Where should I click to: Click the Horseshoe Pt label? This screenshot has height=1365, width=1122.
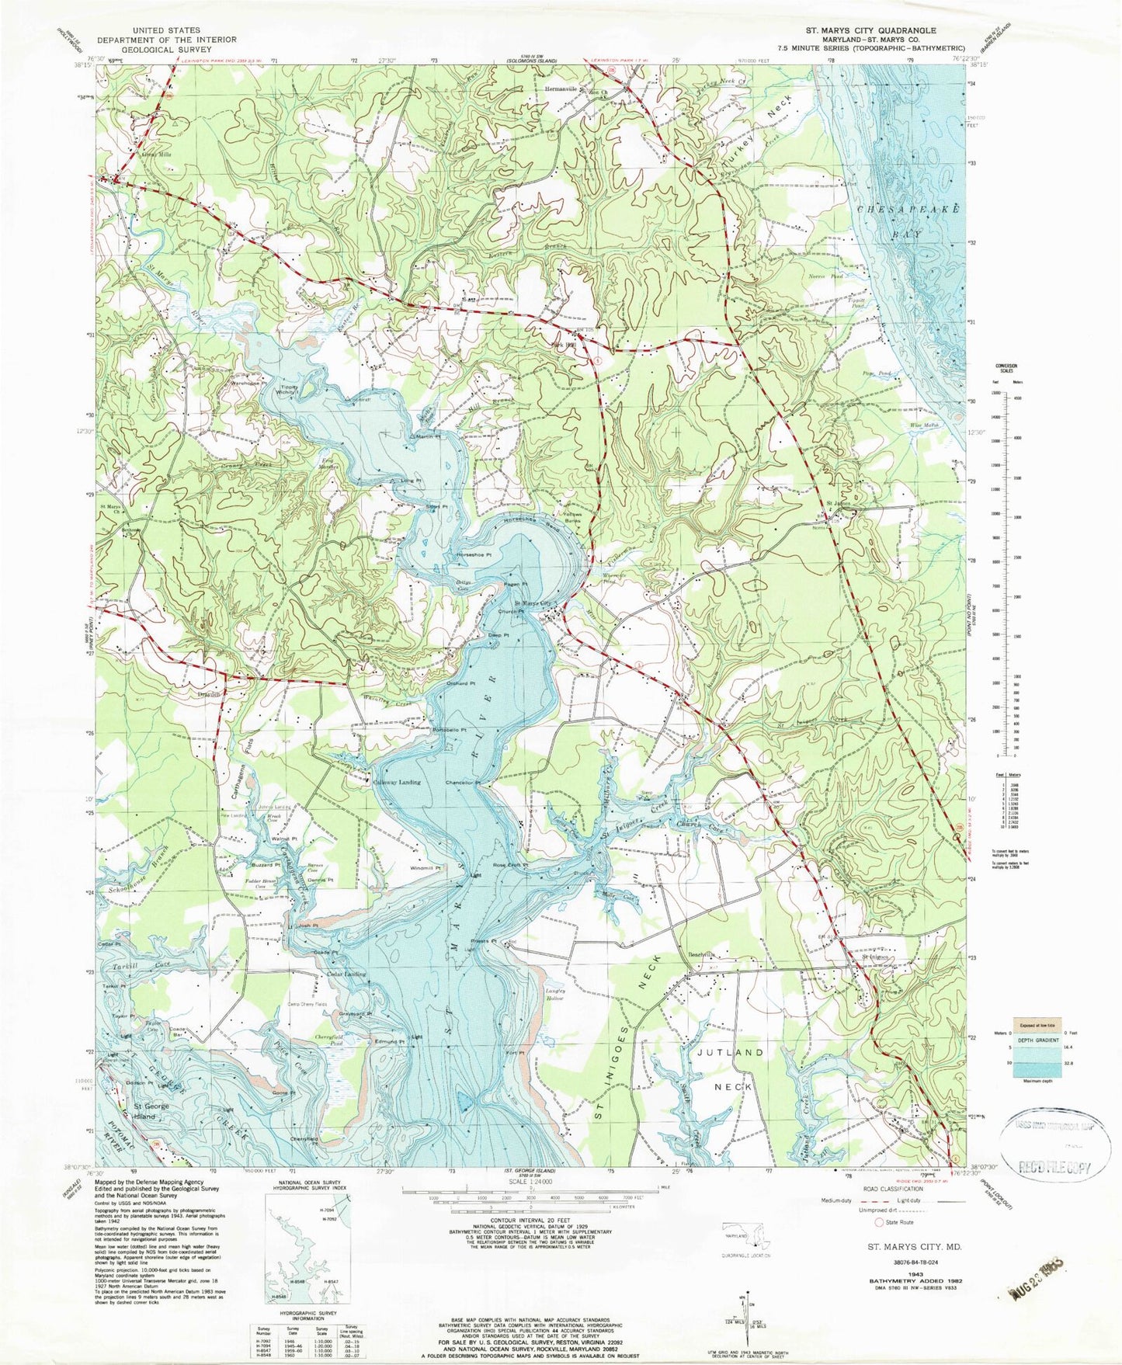[474, 554]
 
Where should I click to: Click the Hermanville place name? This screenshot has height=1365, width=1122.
[561, 89]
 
